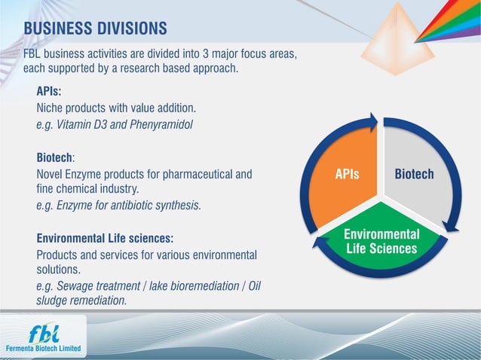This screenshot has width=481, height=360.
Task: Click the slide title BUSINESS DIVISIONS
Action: point(95,29)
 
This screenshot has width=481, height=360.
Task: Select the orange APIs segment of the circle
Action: point(347,174)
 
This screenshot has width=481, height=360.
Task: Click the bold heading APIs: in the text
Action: point(49,92)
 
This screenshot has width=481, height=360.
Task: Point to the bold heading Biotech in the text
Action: point(54,158)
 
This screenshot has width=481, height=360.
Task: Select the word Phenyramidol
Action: point(161,124)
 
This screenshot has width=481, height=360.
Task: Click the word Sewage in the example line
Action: point(73,287)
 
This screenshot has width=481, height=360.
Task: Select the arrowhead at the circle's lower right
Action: point(451,226)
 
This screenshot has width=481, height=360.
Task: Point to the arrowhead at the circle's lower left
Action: point(320,243)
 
